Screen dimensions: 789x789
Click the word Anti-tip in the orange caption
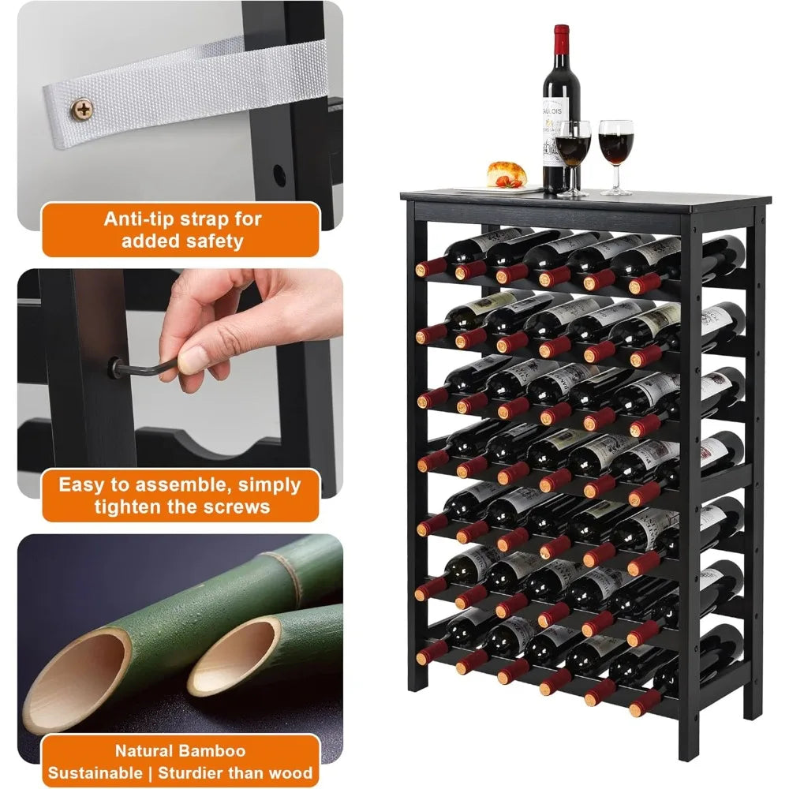[x=140, y=219]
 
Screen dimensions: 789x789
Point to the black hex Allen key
[x=150, y=368]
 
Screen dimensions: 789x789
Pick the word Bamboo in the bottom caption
[x=214, y=750]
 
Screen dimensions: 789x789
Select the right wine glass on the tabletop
[x=615, y=150]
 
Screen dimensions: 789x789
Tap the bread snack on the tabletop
[x=507, y=174]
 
